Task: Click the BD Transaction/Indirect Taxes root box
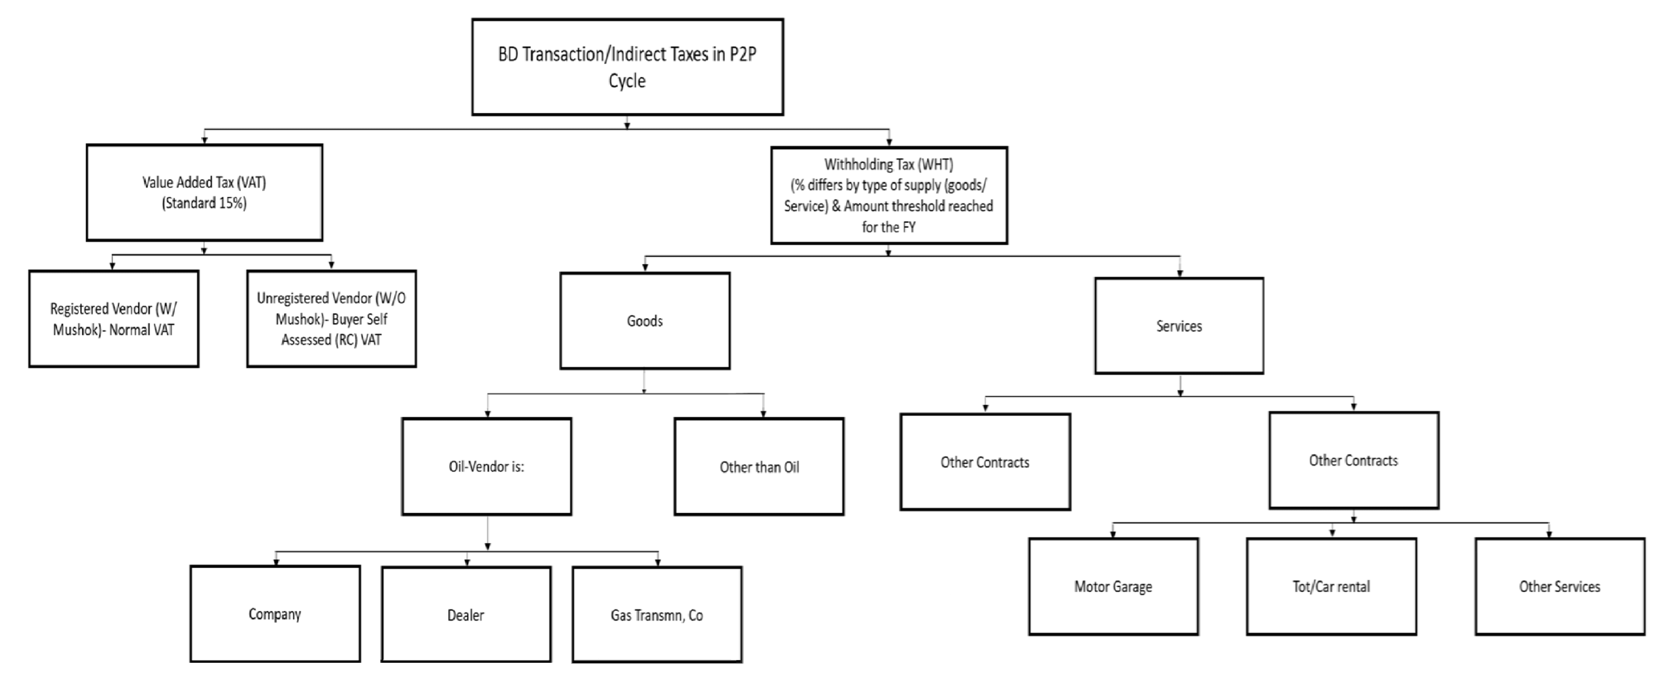[627, 67]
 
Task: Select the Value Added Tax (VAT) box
[204, 192]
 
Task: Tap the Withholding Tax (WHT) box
[889, 195]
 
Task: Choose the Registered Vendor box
[114, 319]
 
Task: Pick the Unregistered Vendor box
[331, 319]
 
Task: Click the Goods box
[644, 321]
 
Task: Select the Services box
[1179, 326]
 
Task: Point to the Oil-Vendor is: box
[486, 466]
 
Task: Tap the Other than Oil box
[759, 467]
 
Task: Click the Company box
[275, 614]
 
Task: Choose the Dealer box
[466, 615]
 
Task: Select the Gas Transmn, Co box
[657, 615]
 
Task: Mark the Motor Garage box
[1113, 586]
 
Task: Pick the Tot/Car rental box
[1331, 586]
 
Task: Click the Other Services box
[1559, 586]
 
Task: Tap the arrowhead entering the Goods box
[644, 267]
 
